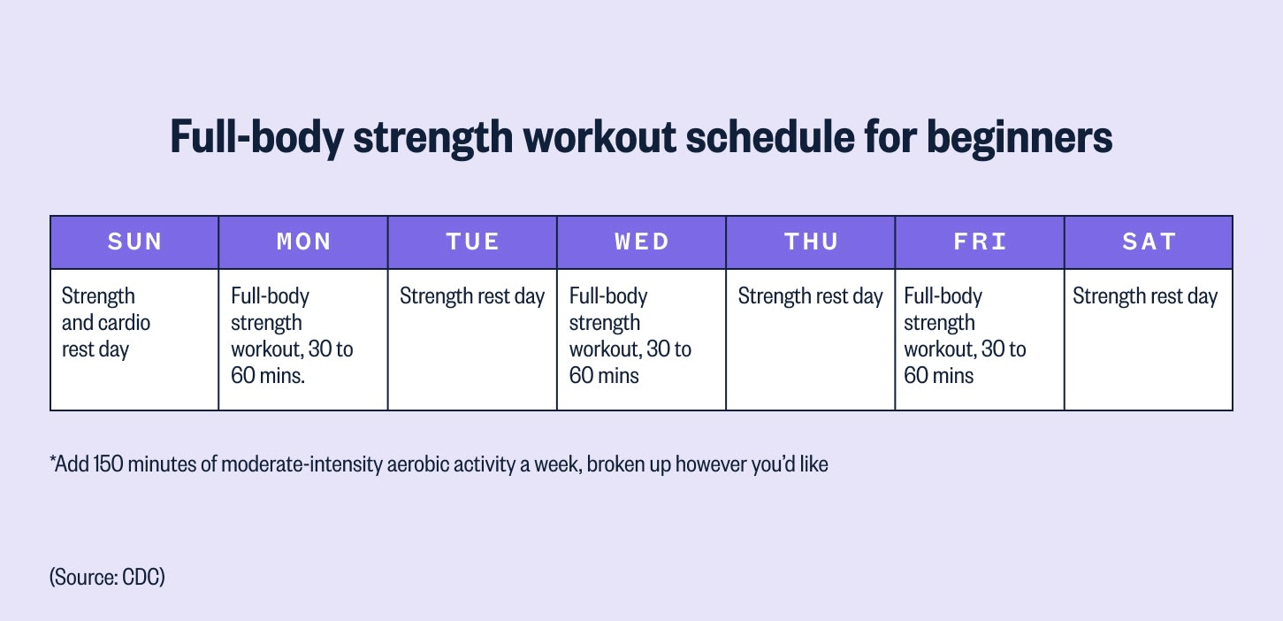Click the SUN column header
point(134,242)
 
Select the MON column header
point(303,242)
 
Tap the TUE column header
point(472,242)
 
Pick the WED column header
point(641,242)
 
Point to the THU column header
point(811,242)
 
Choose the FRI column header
point(980,242)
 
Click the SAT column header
point(1149,242)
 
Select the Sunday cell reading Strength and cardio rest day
point(134,339)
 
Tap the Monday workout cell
point(303,339)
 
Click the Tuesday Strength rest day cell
point(472,339)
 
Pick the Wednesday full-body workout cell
point(641,339)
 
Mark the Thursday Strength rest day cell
point(811,339)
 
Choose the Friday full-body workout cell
point(980,339)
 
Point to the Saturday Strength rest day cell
point(1149,339)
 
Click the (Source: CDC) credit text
point(108,578)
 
